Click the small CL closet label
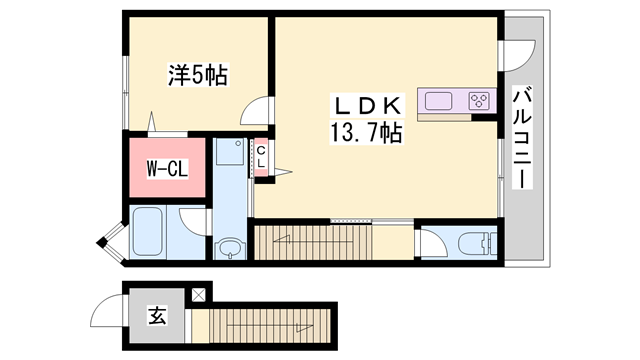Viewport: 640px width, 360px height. tap(261, 158)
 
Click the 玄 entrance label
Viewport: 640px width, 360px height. tap(157, 317)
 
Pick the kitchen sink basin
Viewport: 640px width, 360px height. tap(441, 100)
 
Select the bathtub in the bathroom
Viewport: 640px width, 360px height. tap(154, 232)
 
